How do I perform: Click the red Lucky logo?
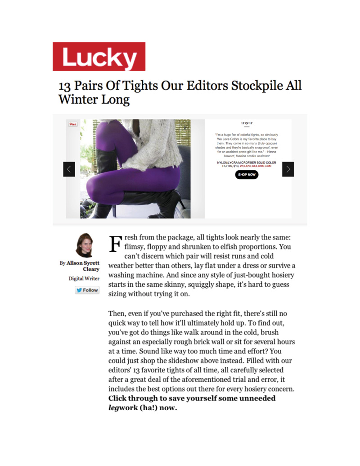(x=99, y=57)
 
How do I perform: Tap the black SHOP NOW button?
(x=247, y=174)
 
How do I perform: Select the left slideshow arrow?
(x=69, y=169)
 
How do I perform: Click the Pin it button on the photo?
(x=72, y=124)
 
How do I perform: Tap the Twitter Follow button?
(x=87, y=290)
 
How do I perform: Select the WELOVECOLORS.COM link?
(x=256, y=166)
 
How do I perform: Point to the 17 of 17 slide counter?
(x=247, y=122)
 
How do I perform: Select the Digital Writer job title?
(x=84, y=278)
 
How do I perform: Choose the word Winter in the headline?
(x=76, y=100)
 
